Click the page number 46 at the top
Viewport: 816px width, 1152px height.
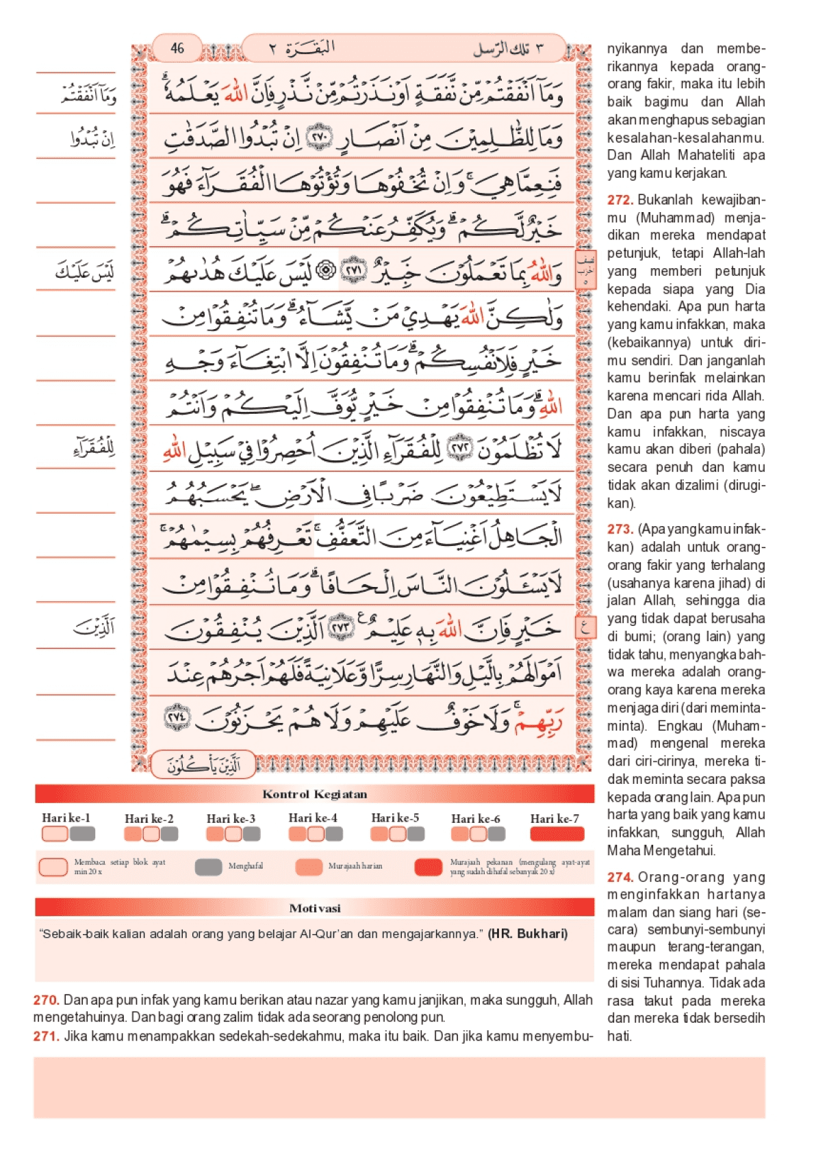point(177,48)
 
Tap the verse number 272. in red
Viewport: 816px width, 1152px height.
point(620,200)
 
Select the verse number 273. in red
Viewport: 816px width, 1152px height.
point(620,529)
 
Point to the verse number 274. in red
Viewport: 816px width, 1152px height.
point(620,877)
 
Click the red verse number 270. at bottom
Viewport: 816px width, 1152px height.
point(46,1000)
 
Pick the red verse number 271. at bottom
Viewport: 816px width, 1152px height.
point(46,1036)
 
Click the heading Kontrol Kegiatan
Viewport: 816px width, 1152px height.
point(315,794)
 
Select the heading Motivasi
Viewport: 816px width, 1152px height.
point(315,908)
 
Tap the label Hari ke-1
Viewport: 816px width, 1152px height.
point(66,818)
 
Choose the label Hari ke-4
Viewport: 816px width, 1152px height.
point(313,818)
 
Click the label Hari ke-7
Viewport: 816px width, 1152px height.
point(554,819)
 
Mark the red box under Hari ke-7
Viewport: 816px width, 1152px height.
point(557,834)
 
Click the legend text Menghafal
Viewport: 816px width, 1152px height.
point(246,866)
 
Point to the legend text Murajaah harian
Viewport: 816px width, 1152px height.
point(355,866)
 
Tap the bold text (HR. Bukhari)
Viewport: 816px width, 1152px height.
point(527,934)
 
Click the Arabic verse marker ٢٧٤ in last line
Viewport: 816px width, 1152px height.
point(177,717)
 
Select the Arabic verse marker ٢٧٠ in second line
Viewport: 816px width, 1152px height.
point(319,137)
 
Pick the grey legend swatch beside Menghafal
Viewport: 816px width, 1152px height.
point(208,867)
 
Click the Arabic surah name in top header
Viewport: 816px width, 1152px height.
point(310,49)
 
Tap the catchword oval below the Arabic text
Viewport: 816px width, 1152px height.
point(203,765)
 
